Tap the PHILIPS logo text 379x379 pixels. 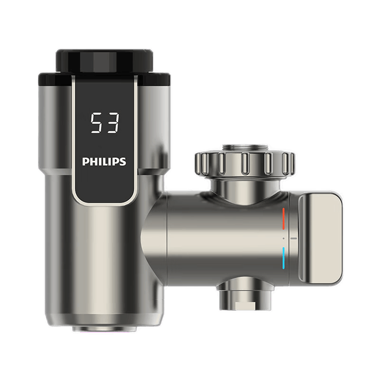point(104,161)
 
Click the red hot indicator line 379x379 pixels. point(284,219)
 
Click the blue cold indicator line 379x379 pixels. point(284,258)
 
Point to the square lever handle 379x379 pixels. point(321,238)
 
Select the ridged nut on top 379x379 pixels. point(244,163)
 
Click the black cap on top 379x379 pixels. point(104,61)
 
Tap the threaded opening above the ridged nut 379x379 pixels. point(245,148)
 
